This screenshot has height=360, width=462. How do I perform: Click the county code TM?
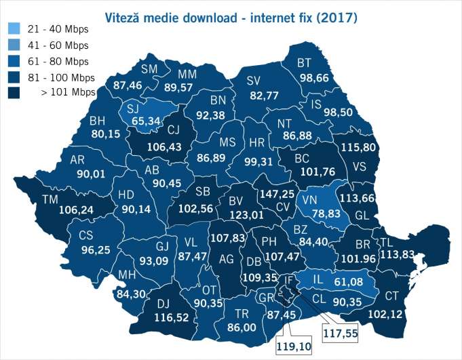coord(50,199)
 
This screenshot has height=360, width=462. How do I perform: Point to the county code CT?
coord(392,296)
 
